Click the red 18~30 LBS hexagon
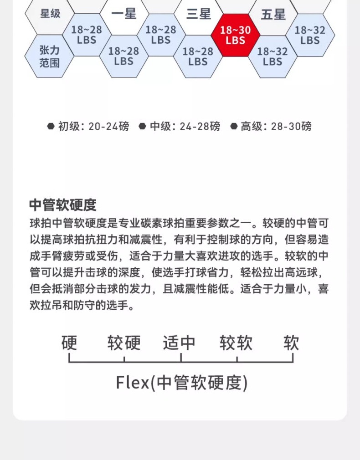(236, 35)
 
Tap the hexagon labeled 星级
(50, 14)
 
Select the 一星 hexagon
(124, 14)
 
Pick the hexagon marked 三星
(199, 14)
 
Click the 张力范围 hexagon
(49, 56)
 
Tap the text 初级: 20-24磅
(93, 126)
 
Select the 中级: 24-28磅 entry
(185, 126)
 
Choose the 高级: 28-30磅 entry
(276, 126)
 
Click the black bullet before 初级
(51, 126)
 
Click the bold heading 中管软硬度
(62, 205)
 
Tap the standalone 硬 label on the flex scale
(69, 342)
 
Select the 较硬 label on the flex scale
(124, 342)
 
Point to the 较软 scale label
(236, 342)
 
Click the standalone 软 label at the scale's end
(291, 342)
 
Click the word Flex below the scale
(132, 383)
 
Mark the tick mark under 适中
(181, 358)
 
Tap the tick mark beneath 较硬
(124, 359)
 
